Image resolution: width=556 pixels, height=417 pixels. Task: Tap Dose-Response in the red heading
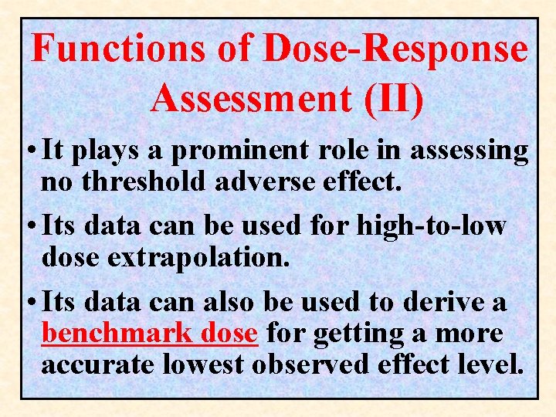pos(395,49)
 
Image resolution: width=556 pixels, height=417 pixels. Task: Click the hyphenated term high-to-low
pos(431,226)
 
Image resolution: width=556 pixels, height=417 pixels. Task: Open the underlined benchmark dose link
pos(149,334)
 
